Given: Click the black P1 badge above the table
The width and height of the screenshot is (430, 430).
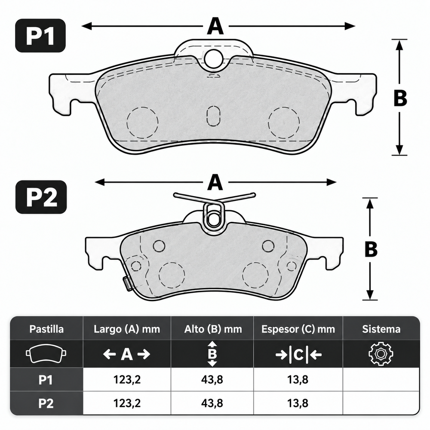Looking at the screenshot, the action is [x=40, y=36].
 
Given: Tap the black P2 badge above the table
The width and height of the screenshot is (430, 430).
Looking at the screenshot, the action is [x=41, y=197].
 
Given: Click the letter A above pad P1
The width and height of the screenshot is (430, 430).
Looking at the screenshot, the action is [x=215, y=26].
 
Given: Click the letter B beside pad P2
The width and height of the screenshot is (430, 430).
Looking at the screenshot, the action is [x=371, y=249].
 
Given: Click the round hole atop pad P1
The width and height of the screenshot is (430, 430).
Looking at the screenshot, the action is [x=213, y=58].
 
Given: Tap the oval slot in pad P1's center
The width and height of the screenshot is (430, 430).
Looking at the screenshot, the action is [x=213, y=116].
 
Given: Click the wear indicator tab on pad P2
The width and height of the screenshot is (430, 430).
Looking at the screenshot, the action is [x=126, y=283].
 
